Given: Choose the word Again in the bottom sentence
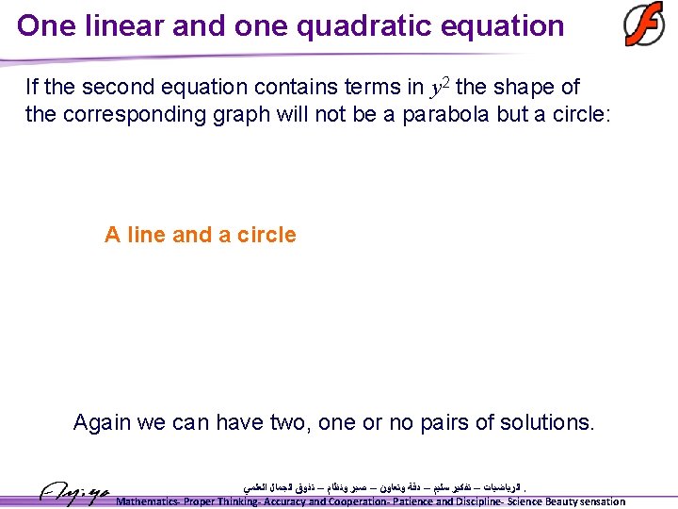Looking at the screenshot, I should tap(102, 422).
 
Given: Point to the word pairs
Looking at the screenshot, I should tap(440, 422).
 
